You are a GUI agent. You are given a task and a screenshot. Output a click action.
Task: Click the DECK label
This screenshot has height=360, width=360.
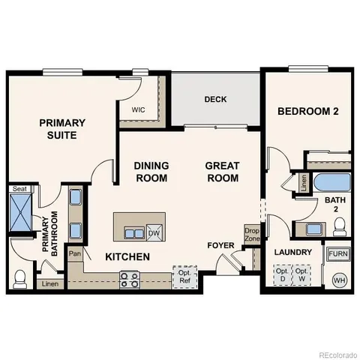click(x=215, y=100)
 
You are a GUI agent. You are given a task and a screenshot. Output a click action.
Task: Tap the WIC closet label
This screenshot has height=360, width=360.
click(x=137, y=109)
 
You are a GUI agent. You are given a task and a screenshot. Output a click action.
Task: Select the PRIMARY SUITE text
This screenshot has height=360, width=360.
click(x=61, y=128)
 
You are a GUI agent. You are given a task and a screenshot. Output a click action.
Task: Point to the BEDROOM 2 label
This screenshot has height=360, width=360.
click(x=308, y=112)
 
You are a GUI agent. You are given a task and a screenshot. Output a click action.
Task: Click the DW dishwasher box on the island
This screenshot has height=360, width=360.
click(x=154, y=232)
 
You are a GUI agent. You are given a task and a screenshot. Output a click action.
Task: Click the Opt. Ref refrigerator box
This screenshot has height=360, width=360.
click(x=184, y=276)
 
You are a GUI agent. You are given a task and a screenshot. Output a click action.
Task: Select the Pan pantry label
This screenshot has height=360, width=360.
click(x=75, y=254)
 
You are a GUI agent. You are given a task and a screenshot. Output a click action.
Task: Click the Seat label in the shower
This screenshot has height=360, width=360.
click(x=20, y=190)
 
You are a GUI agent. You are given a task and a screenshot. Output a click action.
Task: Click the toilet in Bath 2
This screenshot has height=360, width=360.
click(x=338, y=225)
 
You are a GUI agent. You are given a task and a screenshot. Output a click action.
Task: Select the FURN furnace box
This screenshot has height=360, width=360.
click(x=338, y=254)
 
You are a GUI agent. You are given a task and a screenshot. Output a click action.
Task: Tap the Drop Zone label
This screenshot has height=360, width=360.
click(x=251, y=233)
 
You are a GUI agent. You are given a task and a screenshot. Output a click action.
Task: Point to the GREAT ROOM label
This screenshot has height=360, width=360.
click(x=223, y=172)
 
